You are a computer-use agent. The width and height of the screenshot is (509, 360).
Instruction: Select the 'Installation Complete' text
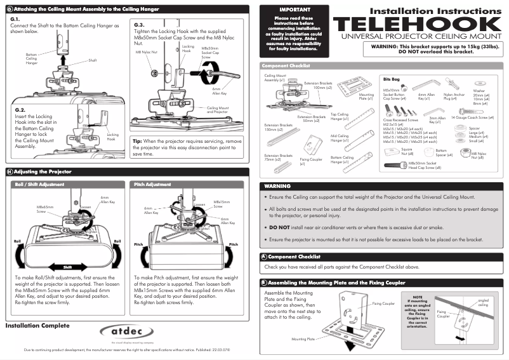tap(38, 326)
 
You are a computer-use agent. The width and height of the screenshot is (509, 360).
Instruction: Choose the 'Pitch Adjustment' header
tap(153, 184)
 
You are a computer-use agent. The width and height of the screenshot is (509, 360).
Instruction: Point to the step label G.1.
tap(16, 20)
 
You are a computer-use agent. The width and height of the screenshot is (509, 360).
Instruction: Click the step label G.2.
tap(19, 110)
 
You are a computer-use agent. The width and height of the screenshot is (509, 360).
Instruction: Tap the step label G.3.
tap(140, 24)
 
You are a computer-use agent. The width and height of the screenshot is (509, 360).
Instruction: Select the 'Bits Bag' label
tap(392, 79)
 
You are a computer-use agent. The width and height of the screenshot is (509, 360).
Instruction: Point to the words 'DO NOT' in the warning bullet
tap(280, 227)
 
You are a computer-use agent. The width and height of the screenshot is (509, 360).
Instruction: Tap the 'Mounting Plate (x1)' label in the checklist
tap(366, 97)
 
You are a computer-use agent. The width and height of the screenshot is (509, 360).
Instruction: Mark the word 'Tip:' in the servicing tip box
tap(137, 140)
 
